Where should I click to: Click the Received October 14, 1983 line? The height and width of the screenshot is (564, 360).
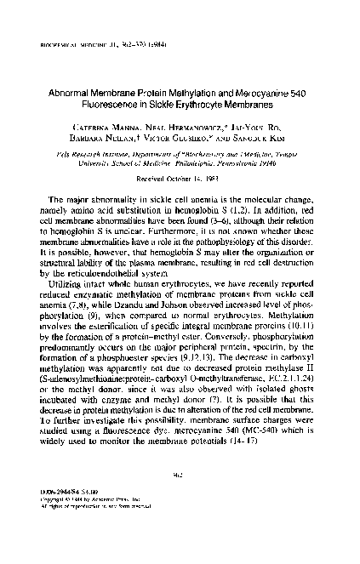point(180,179)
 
